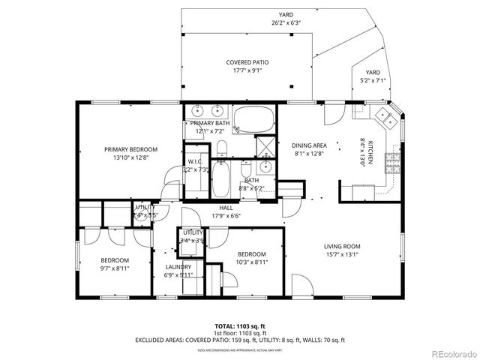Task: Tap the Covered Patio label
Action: (x=247, y=62)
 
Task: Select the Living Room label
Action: (x=342, y=246)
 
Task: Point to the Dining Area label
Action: (x=308, y=145)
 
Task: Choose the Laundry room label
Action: (x=178, y=266)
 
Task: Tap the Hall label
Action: (x=225, y=208)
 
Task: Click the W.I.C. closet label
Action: (x=195, y=161)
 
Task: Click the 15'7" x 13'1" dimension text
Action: (x=342, y=254)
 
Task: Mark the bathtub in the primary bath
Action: (x=253, y=120)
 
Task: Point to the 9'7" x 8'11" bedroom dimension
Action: (x=115, y=268)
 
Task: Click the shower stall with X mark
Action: (x=265, y=145)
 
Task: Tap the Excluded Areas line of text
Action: (x=239, y=340)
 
